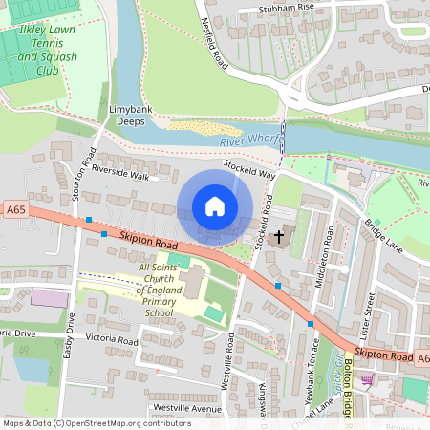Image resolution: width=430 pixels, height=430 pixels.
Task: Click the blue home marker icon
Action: pos(215,205)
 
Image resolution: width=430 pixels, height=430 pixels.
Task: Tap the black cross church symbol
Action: pos(280,235)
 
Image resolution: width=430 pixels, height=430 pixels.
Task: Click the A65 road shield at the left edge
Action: pos(15,209)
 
